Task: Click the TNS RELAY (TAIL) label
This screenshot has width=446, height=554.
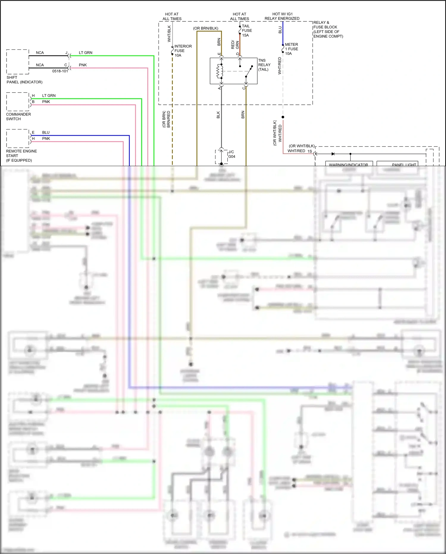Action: tap(264, 65)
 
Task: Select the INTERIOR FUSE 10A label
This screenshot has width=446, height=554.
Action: tap(183, 51)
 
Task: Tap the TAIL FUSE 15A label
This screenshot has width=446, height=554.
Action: tap(247, 31)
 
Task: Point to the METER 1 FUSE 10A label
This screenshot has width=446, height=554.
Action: tap(291, 49)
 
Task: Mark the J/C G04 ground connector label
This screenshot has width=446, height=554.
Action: tap(231, 154)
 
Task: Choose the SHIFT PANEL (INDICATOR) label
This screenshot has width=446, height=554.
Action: tap(24, 80)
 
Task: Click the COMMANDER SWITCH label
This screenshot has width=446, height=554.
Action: tap(18, 117)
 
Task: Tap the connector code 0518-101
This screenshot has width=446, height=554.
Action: tap(60, 71)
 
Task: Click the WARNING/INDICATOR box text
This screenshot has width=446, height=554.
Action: tap(348, 165)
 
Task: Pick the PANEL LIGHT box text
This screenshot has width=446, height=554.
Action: tap(404, 165)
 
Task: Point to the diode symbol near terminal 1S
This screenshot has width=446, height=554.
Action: tap(333, 154)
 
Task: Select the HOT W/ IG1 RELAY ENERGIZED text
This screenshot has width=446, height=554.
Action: tap(282, 16)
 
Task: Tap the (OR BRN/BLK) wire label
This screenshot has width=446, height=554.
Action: tap(206, 28)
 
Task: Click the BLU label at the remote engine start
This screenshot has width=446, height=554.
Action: tap(46, 132)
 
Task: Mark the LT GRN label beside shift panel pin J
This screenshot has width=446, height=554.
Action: tap(85, 53)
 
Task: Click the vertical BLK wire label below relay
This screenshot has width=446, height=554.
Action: tap(218, 115)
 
